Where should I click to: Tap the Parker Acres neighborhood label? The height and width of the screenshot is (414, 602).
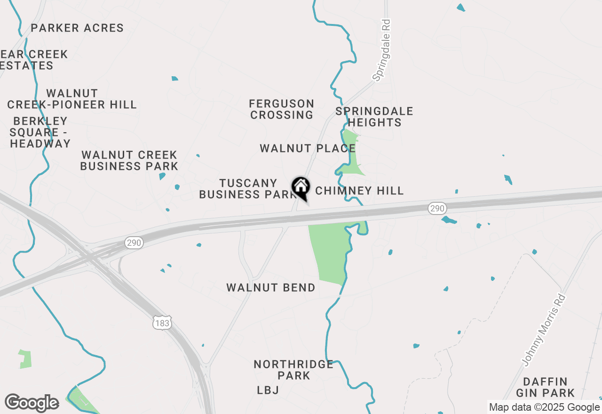pos(77,28)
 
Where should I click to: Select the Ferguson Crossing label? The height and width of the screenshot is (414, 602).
pos(282,109)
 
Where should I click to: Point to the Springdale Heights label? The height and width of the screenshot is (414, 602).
pos(374,117)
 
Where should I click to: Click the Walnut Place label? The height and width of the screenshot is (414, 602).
pos(308,149)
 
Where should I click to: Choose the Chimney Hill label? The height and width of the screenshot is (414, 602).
pos(359,191)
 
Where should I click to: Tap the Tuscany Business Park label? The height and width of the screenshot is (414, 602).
pos(247,189)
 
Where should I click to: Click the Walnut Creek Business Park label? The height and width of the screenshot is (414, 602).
pos(129,160)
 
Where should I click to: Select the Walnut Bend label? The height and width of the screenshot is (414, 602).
pos(271,287)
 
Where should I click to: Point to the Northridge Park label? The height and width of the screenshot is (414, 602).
pos(293,370)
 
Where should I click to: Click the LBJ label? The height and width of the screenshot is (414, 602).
pos(268,390)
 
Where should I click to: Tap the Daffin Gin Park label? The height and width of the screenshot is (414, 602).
pos(546,387)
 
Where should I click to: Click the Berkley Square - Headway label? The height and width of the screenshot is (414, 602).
pos(40,133)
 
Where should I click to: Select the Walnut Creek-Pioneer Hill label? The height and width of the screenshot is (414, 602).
pos(72,99)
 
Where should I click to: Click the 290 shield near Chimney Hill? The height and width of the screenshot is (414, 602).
pos(437,208)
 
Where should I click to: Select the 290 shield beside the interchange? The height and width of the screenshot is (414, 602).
pos(134,243)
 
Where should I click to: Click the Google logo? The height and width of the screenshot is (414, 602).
pos(32,403)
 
